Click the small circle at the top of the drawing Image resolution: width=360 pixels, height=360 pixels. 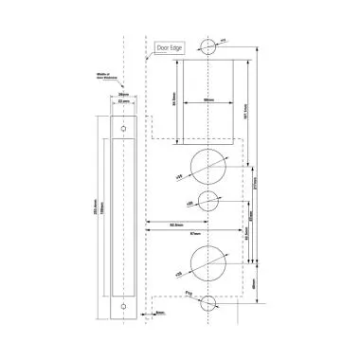[208, 45]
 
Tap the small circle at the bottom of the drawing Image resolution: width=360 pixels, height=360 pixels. [208, 303]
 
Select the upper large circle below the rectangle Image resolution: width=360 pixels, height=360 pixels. [208, 167]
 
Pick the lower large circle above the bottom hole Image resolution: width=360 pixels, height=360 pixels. [208, 260]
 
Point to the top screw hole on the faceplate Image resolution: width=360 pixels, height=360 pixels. [121, 126]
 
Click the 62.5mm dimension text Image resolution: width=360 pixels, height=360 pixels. [176, 224]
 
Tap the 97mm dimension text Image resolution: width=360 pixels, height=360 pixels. [192, 232]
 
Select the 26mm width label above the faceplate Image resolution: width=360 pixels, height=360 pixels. [123, 96]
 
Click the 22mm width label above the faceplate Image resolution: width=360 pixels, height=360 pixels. [123, 102]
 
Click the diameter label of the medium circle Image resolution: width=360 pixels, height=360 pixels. [191, 203]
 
